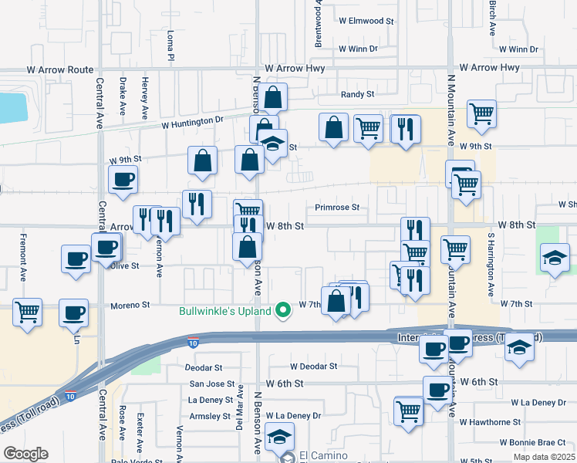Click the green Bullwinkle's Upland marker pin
coord(283,311)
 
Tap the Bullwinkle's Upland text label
coord(224,311)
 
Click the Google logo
coord(25,453)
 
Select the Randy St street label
coord(358,94)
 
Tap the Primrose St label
coord(337,208)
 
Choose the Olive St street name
coord(123,265)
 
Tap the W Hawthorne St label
coord(490,422)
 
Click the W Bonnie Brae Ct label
coord(532,442)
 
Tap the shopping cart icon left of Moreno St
coord(28,313)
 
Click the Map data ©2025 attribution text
coord(545,457)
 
